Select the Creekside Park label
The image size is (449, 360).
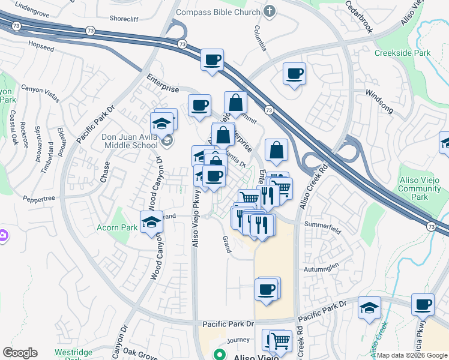(403, 53)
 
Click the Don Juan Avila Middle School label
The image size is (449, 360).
(130, 141)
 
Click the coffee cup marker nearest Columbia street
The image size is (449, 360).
(294, 74)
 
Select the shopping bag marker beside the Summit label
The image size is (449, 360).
(235, 103)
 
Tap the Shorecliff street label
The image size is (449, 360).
(124, 19)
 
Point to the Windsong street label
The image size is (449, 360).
(379, 94)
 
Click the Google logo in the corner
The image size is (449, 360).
(20, 353)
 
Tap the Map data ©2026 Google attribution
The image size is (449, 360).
(412, 355)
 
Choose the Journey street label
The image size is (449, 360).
(238, 340)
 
